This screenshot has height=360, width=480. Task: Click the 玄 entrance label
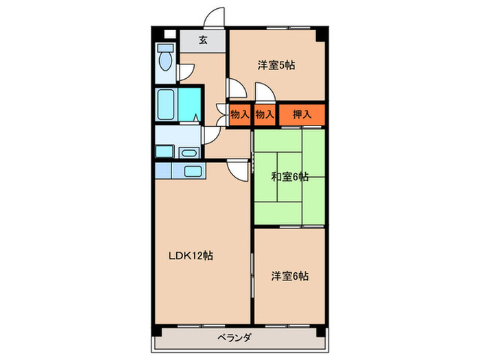pyautogui.click(x=204, y=40)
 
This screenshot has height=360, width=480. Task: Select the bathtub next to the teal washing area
pyautogui.click(x=167, y=105)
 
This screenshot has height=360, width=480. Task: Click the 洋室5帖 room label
pyautogui.click(x=276, y=66)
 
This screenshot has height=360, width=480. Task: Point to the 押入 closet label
pyautogui.click(x=302, y=115)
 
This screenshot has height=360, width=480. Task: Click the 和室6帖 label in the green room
pyautogui.click(x=289, y=177)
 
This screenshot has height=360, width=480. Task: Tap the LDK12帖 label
pyautogui.click(x=191, y=256)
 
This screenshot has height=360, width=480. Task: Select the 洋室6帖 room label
pyautogui.click(x=289, y=276)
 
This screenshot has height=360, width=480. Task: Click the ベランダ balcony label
pyautogui.click(x=237, y=337)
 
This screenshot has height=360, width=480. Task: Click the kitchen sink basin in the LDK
pyautogui.click(x=191, y=170)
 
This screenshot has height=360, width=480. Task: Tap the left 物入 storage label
pyautogui.click(x=239, y=115)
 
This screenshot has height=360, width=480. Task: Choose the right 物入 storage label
pyautogui.click(x=265, y=115)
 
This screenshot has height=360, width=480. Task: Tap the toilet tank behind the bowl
pyautogui.click(x=165, y=49)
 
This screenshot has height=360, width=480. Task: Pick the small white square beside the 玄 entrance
pyautogui.click(x=169, y=33)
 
